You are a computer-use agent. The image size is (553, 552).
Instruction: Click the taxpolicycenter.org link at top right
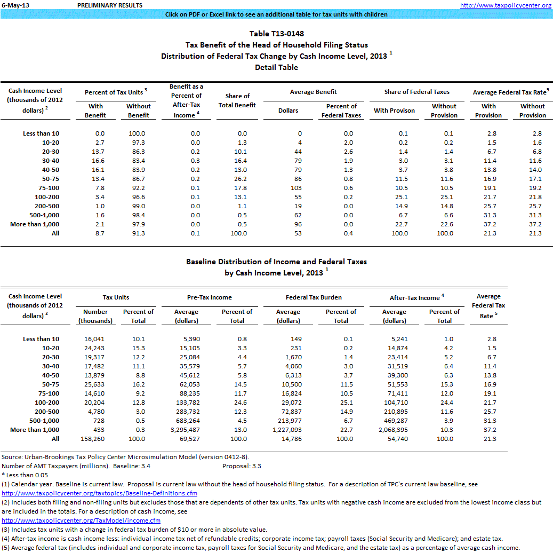coord(506,5)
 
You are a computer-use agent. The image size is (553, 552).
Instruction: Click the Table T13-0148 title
coord(276,34)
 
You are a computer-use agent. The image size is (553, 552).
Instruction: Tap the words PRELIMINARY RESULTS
coord(110,5)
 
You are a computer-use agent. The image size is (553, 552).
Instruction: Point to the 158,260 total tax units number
coord(95,439)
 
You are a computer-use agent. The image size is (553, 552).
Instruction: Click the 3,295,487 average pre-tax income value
coord(186,430)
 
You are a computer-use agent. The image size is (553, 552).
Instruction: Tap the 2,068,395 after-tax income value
coord(394,430)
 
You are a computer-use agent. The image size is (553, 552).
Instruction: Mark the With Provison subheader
coord(394,111)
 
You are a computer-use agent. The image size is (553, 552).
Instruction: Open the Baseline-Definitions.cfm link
coord(100,493)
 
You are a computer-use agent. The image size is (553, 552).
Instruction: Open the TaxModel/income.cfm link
coord(81,521)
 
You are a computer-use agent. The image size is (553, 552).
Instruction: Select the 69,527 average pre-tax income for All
coord(186,439)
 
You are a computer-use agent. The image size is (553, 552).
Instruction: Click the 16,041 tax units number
coord(95,339)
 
